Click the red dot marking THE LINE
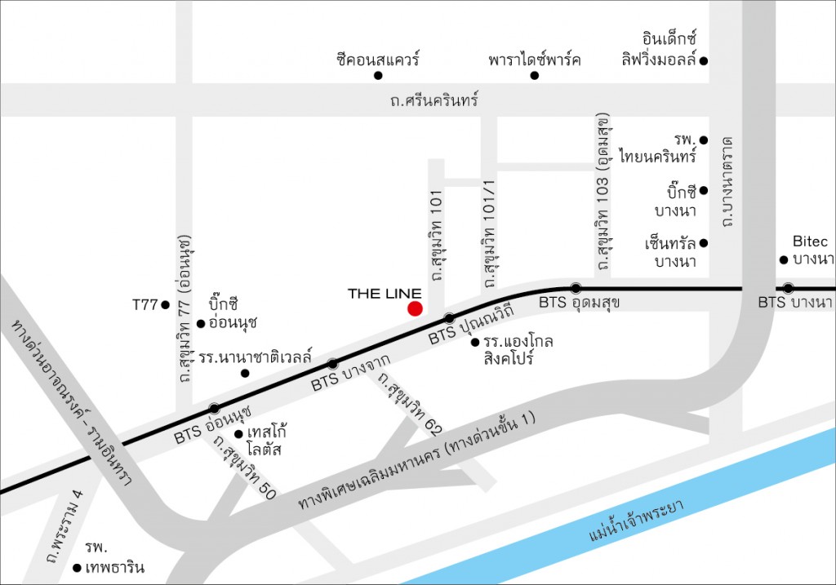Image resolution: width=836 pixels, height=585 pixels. tap(415, 308)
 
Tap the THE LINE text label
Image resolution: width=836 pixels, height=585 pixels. tap(385, 294)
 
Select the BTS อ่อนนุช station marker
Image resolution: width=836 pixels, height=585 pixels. tap(215, 408)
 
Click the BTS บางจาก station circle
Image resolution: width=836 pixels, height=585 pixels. tap(332, 364)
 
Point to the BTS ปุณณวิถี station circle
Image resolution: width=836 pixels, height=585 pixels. tap(449, 318)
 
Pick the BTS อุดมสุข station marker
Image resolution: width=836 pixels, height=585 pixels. tap(576, 288)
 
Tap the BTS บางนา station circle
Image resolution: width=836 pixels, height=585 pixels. tap(788, 288)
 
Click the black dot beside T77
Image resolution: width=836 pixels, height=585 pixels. tap(166, 305)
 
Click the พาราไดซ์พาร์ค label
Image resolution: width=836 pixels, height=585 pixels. tap(535, 60)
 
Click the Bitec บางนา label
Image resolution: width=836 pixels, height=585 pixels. tap(811, 250)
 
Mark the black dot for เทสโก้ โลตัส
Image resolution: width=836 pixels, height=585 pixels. tap(238, 433)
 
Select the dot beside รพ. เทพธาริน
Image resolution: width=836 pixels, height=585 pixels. tap(77, 568)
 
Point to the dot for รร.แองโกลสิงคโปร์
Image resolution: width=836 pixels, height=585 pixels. tap(475, 343)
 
